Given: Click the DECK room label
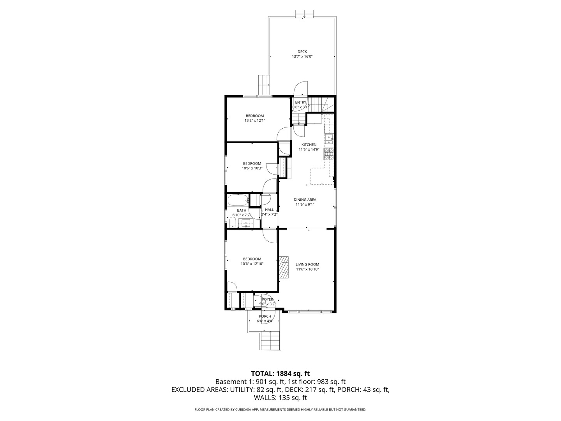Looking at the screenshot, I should (x=302, y=51).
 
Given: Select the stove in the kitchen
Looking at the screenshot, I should (x=328, y=154).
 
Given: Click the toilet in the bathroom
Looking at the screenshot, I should (x=233, y=223).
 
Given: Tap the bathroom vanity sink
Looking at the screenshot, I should (x=246, y=223).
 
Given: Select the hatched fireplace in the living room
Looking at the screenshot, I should (x=284, y=267).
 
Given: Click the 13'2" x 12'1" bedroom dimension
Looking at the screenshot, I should (x=254, y=120).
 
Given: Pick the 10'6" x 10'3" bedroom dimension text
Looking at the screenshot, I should (x=252, y=168).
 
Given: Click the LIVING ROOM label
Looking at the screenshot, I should (x=307, y=264).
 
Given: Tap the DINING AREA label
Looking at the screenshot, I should (x=305, y=200).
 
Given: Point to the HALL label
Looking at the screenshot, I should (x=269, y=209).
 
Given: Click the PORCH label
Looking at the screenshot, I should (x=265, y=316).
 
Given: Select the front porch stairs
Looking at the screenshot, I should (x=270, y=340).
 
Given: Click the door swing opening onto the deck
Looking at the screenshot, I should (x=301, y=88).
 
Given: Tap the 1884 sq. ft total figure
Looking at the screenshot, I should (x=293, y=373).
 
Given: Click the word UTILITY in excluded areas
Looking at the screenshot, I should (x=241, y=389).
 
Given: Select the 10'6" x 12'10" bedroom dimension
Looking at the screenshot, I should (x=252, y=264).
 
